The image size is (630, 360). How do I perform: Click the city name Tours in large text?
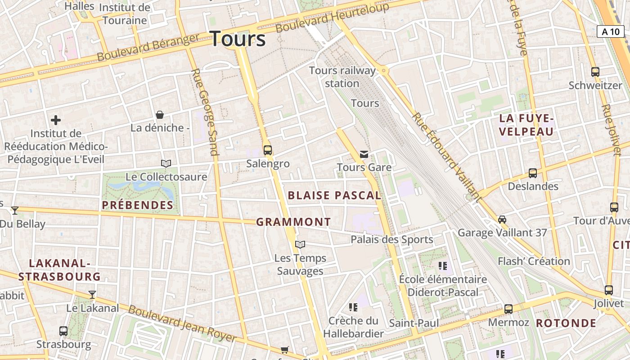pyautogui.click(x=238, y=39)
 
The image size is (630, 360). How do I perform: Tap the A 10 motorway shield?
pyautogui.click(x=611, y=31)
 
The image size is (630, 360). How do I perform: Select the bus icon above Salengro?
pyautogui.click(x=268, y=150)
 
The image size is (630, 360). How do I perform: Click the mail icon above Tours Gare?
pyautogui.click(x=364, y=154)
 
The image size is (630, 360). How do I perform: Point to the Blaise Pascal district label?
pyautogui.click(x=334, y=195)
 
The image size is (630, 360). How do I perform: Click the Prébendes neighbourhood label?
pyautogui.click(x=138, y=205)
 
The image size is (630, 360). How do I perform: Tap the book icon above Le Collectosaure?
pyautogui.click(x=166, y=163)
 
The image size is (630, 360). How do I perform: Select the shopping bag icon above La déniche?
pyautogui.click(x=159, y=115)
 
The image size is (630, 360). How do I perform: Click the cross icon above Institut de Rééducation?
pyautogui.click(x=56, y=120)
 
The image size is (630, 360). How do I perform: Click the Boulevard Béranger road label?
pyautogui.click(x=148, y=47)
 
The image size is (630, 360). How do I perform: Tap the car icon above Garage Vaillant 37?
pyautogui.click(x=502, y=220)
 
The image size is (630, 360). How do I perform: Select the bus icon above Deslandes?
pyautogui.click(x=533, y=173)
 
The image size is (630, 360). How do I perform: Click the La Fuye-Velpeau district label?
pyautogui.click(x=526, y=125)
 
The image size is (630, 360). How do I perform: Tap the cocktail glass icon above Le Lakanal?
pyautogui.click(x=92, y=295)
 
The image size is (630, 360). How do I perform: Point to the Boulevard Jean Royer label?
pyautogui.click(x=182, y=323)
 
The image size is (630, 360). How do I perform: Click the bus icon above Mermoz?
pyautogui.click(x=508, y=309)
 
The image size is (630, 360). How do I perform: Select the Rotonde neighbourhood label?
pyautogui.click(x=566, y=323)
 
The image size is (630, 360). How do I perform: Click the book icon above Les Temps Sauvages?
pyautogui.click(x=300, y=244)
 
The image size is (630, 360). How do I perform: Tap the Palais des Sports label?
pyautogui.click(x=391, y=239)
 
